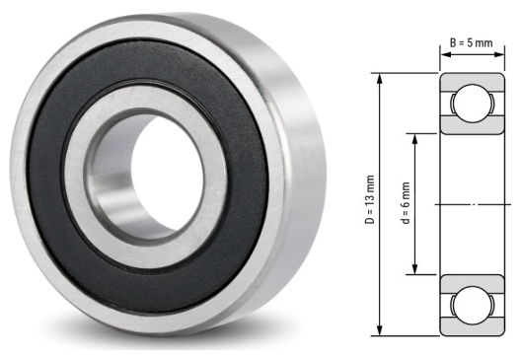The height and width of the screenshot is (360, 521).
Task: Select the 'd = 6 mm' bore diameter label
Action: coord(405,204)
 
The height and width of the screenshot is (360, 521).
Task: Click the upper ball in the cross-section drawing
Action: coord(472,103)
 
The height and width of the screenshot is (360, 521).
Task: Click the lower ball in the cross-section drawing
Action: coord(472,303)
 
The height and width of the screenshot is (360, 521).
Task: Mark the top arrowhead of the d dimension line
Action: coord(415,136)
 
